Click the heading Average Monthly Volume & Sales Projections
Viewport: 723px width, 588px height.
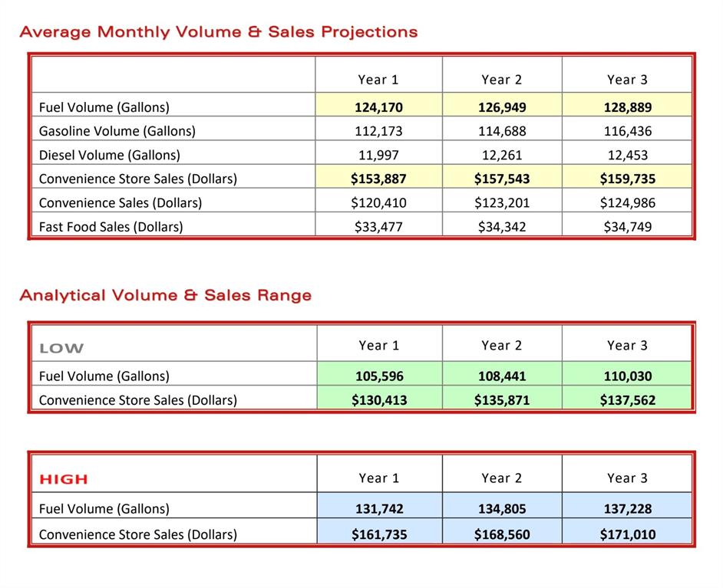tap(219, 32)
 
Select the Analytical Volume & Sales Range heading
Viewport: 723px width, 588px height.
tap(166, 295)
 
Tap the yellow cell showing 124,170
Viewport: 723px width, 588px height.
tap(378, 107)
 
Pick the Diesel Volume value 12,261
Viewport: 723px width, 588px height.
tap(502, 155)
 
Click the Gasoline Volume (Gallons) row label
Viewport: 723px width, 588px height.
tap(117, 131)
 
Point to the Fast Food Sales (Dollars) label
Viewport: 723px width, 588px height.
tap(111, 227)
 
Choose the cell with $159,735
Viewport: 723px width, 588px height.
tap(627, 179)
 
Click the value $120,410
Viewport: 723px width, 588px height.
tap(378, 203)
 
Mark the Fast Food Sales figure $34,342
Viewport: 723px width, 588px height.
tap(502, 227)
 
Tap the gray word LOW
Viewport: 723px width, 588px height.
tap(61, 349)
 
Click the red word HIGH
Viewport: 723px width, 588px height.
tap(64, 480)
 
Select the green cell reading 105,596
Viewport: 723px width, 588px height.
tap(379, 376)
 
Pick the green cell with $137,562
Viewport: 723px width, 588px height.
tap(627, 400)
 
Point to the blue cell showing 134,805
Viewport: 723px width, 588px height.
tap(502, 509)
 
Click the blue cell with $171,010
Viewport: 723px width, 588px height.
tap(627, 534)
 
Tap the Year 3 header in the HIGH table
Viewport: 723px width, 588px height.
tap(627, 478)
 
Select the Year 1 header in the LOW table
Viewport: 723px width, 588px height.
tap(379, 346)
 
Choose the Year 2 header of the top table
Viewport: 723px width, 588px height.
tap(502, 80)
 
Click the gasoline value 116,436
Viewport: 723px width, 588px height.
tap(627, 131)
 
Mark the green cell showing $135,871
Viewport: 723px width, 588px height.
tap(502, 400)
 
